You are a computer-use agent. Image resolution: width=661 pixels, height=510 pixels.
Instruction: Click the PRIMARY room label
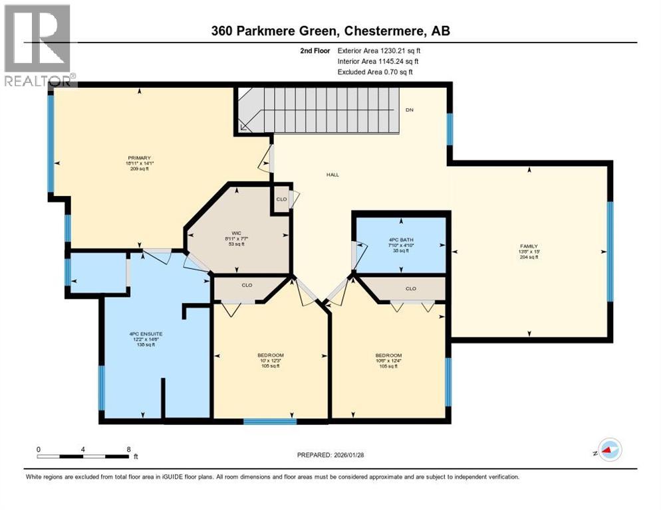coord(136,158)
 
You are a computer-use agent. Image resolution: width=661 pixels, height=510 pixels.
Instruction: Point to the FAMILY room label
coord(529,246)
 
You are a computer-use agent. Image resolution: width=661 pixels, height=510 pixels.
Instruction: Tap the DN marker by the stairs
coord(410,110)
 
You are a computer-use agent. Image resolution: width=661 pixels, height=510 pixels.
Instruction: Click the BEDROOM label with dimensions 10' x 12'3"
coord(271,355)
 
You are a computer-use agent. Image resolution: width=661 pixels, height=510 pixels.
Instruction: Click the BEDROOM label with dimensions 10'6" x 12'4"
coord(388,355)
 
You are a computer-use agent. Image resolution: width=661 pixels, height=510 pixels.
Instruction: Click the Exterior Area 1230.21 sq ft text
coord(380,50)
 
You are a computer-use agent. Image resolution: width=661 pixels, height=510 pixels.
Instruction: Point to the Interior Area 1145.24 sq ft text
coord(378,61)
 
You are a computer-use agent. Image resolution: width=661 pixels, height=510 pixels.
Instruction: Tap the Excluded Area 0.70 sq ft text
coord(374,72)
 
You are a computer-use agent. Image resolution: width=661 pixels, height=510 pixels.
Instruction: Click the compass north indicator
coord(608,450)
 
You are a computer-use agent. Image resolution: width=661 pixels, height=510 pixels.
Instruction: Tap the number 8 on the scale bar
coord(128,449)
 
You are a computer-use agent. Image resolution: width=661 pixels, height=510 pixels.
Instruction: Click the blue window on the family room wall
coord(610,252)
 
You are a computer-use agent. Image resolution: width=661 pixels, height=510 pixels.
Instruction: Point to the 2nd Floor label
coord(316,50)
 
